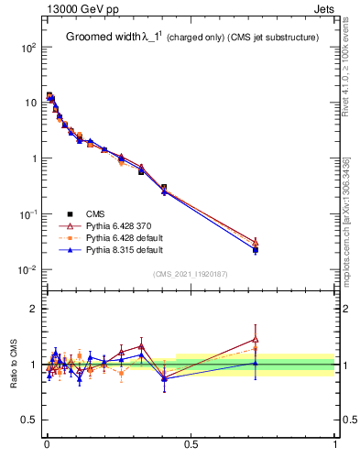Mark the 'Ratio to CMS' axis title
pyautogui.click(x=13, y=365)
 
